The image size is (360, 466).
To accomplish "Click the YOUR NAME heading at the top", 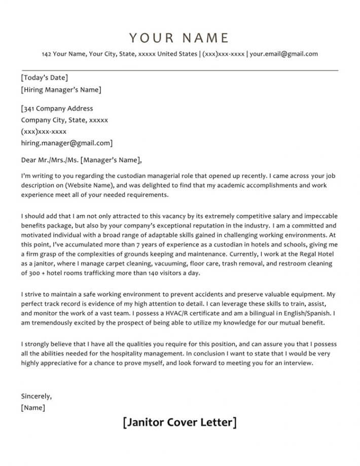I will coord(179,38).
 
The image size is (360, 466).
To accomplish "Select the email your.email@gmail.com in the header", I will coord(284,54).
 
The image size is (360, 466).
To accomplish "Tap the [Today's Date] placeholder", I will coord(44,78).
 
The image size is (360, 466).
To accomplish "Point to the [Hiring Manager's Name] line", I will coord(61,90).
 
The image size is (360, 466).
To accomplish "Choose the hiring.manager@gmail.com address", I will coord(66,143).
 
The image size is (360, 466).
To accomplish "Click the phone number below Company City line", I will coord(44,131).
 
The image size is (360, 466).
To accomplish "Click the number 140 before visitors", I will coord(149,273).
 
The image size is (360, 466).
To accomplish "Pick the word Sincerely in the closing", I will coord(37,396).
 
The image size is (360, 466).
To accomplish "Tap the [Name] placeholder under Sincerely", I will coord(33,407).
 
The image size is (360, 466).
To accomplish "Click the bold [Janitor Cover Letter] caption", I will coord(179,422).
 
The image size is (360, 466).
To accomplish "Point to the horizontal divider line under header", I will coord(179,69).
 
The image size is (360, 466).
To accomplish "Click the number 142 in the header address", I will coord(47,54).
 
